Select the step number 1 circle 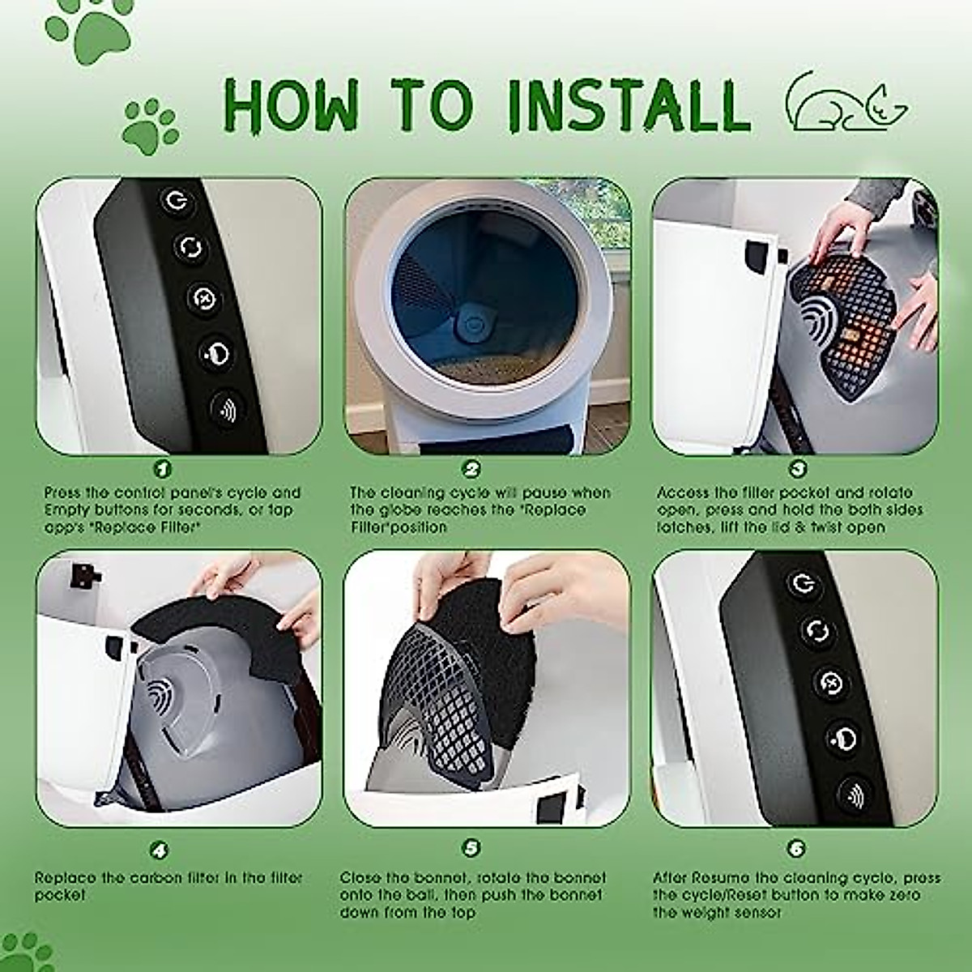161,470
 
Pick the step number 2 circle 471,470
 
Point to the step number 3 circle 797,470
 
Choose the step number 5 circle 471,848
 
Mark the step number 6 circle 796,849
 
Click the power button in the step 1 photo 176,201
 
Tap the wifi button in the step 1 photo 227,409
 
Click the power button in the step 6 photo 803,585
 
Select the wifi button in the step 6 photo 855,798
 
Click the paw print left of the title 151,126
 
